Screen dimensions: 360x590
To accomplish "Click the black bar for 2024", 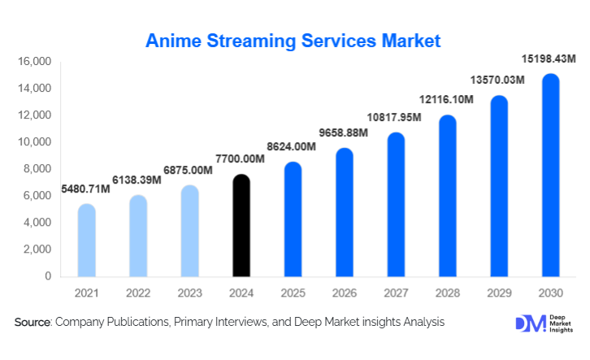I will click(241, 226).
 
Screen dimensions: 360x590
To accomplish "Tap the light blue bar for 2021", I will click(87, 241).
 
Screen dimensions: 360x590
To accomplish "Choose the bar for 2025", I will click(293, 219).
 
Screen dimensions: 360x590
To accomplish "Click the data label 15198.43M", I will click(548, 59).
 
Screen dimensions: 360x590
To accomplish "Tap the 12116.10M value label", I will click(445, 99).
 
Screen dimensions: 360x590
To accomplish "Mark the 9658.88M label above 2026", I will click(342, 132).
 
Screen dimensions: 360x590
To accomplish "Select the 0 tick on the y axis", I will click(48, 276).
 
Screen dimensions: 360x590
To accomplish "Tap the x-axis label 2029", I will click(499, 292).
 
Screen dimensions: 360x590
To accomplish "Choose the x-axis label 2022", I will click(138, 292).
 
